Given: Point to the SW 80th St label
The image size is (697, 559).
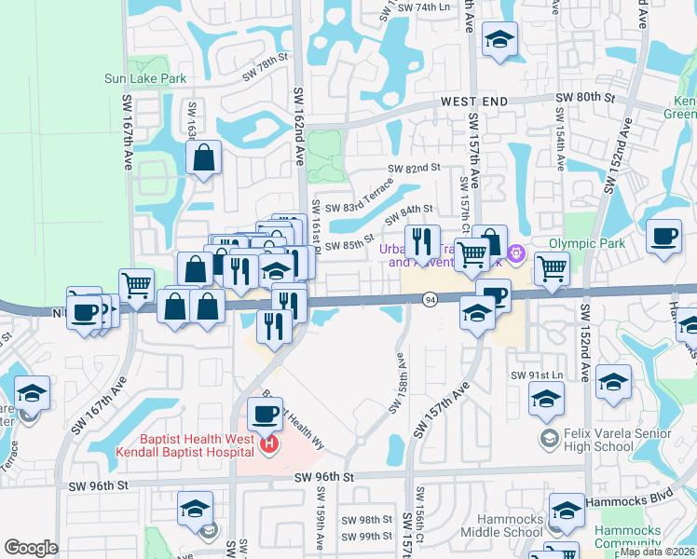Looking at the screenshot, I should click(x=586, y=97).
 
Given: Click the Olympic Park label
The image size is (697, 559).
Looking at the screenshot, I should click(x=583, y=243).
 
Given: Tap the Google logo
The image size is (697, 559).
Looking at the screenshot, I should click(x=31, y=548).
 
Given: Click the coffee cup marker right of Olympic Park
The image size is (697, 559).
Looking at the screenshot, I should click(x=664, y=237).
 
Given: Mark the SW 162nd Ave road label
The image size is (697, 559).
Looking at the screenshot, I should click(x=299, y=112).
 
